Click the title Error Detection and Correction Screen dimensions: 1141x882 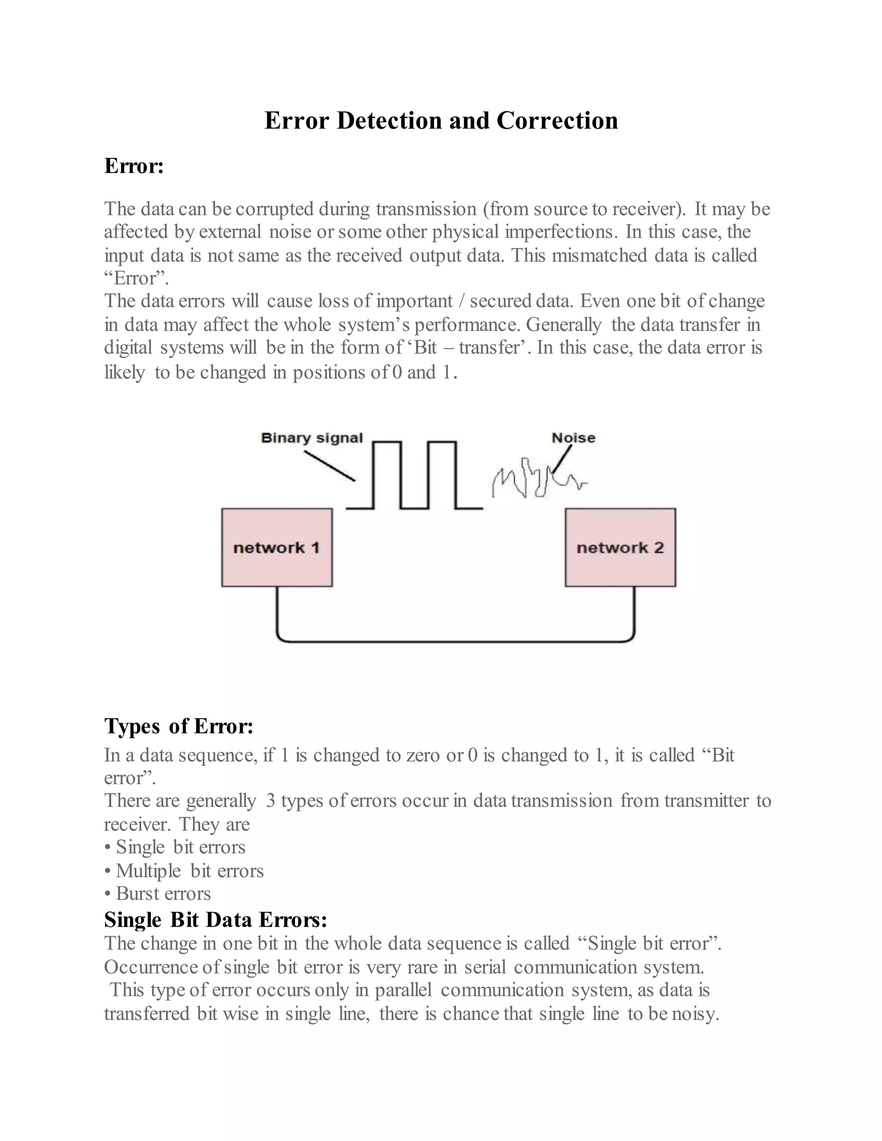tap(441, 121)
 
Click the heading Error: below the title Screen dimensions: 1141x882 tap(134, 166)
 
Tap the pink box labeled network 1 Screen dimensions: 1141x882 tap(276, 548)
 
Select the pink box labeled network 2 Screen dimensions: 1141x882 tap(620, 548)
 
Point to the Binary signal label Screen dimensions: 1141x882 tap(311, 438)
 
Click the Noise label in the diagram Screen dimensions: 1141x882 tap(573, 438)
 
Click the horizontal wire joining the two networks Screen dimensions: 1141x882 tap(455, 641)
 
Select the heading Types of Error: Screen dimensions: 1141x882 tap(179, 726)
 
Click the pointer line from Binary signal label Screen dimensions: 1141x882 tap(329, 466)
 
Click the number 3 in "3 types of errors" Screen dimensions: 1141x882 tap(270, 801)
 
